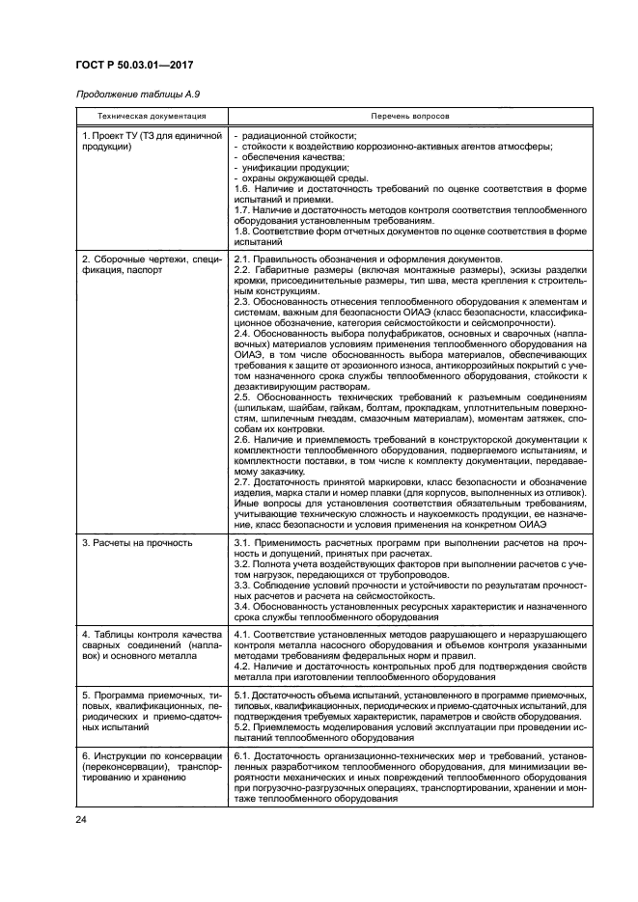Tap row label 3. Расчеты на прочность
point(136,543)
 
